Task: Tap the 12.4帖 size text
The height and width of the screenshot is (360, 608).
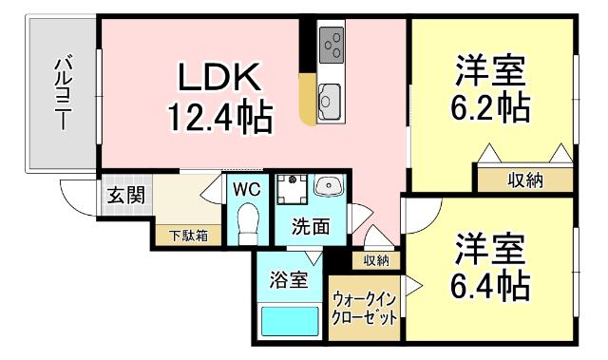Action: [x=219, y=118]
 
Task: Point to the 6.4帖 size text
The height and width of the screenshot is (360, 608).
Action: [x=490, y=282]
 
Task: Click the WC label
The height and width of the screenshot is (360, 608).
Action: [x=247, y=188]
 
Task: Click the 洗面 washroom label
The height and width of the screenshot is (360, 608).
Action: [x=311, y=227]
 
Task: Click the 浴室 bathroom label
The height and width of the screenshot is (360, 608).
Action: [x=287, y=280]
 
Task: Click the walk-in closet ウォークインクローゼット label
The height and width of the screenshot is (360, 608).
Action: [x=364, y=309]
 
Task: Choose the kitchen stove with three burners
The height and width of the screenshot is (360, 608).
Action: [x=332, y=43]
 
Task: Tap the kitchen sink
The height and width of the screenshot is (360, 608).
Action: [x=330, y=99]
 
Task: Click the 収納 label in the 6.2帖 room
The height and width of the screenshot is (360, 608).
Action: [x=523, y=180]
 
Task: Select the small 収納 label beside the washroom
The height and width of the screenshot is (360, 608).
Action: [x=375, y=259]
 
